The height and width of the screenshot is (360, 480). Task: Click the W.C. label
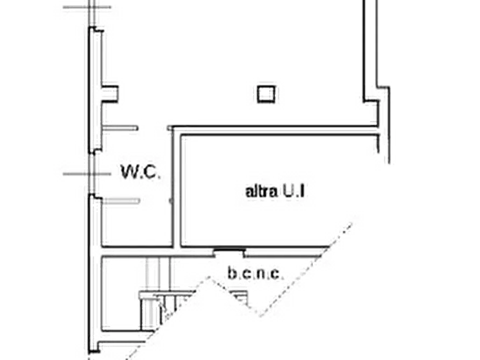140,172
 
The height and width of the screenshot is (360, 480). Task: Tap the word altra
262,192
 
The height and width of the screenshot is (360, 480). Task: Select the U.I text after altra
293,192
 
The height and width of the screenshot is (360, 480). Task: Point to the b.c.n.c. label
254,273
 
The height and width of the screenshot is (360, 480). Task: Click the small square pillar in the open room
266,94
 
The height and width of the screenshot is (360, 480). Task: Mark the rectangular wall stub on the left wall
110,93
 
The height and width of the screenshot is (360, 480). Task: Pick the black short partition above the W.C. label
120,128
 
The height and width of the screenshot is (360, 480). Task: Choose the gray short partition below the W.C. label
121,201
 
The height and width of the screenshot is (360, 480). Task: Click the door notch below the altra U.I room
230,251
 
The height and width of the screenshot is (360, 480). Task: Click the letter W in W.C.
127,172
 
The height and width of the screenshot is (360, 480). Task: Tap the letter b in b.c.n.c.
232,273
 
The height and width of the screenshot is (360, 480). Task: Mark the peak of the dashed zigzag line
210,278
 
